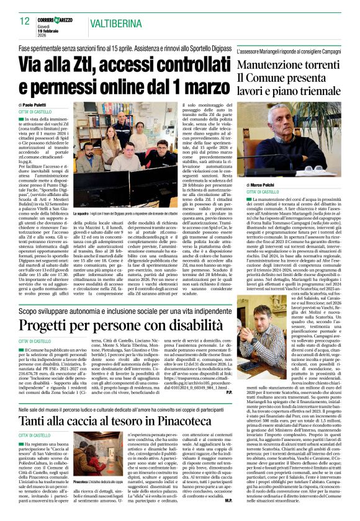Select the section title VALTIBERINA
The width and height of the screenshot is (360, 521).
coord(102,22)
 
